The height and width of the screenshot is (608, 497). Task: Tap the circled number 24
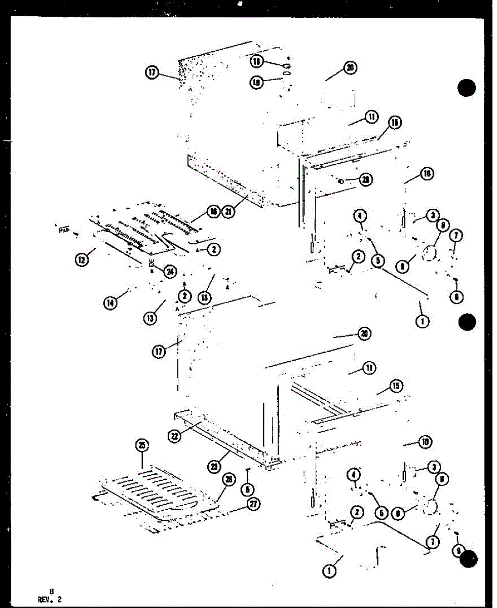[170, 271]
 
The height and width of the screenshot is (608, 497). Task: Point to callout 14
[110, 303]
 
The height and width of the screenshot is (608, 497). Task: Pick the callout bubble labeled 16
[213, 212]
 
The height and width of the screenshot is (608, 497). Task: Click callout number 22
[175, 436]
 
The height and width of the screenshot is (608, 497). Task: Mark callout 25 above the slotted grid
[142, 446]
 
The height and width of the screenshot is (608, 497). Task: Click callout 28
[365, 179]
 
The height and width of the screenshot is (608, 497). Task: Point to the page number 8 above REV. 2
[51, 591]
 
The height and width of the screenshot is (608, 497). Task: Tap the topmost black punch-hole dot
[467, 88]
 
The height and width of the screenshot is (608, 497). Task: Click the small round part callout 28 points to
[341, 180]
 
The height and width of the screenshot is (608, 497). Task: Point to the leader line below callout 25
[142, 462]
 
